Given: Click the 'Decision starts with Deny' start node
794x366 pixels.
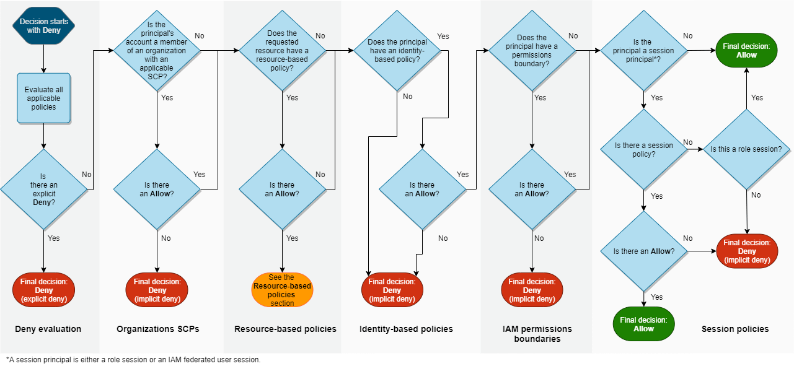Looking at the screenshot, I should pyautogui.click(x=44, y=26).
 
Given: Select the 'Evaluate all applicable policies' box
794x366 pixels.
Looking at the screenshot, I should pyautogui.click(x=44, y=98).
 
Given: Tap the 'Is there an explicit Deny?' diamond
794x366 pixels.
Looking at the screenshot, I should pyautogui.click(x=44, y=189).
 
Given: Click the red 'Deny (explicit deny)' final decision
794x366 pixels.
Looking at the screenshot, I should pyautogui.click(x=44, y=290).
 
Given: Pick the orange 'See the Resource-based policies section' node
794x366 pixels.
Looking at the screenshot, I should pyautogui.click(x=283, y=290).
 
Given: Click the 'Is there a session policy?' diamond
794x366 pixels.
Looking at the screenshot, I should pyautogui.click(x=644, y=150).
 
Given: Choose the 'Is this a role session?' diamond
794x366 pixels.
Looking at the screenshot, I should pyautogui.click(x=746, y=150).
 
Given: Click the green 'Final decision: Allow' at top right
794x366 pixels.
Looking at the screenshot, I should pyautogui.click(x=746, y=51).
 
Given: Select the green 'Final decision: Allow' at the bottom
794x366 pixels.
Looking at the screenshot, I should pyautogui.click(x=644, y=325).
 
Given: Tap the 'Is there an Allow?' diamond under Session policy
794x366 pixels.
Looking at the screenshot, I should pyautogui.click(x=644, y=251).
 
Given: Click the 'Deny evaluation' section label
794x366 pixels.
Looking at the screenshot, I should pyautogui.click(x=48, y=329).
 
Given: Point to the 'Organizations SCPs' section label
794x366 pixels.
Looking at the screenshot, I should pyautogui.click(x=158, y=329).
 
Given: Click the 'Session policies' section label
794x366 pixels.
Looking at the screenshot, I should pyautogui.click(x=735, y=329).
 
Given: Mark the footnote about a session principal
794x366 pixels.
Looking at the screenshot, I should pyautogui.click(x=133, y=360).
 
